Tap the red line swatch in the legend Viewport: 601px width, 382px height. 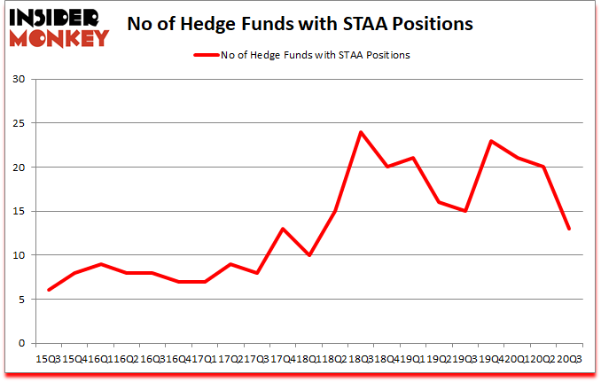205,55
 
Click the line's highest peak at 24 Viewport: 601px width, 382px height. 361,132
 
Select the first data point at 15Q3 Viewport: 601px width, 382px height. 49,290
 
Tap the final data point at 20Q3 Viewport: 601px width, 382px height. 569,229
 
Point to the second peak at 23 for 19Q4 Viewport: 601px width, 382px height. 491,141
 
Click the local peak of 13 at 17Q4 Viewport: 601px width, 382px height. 283,229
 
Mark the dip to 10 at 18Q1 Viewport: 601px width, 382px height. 308,255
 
